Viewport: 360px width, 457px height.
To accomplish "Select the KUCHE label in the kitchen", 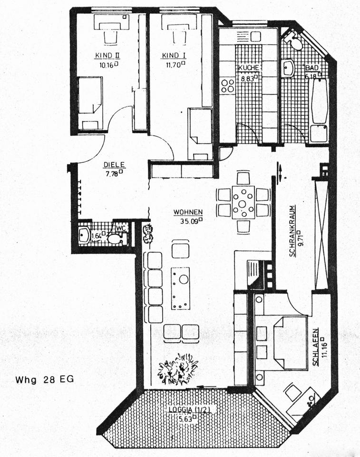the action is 248,67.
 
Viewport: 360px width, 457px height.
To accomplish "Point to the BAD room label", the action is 311,68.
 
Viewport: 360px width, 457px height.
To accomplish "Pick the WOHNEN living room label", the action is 188,212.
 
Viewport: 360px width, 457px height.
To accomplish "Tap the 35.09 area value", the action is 189,221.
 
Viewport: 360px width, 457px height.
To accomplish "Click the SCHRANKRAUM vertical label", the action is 292,231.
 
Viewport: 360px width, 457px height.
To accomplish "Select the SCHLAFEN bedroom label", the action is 315,347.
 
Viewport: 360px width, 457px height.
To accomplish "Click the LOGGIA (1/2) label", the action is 189,409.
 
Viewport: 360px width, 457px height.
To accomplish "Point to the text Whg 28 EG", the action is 45,379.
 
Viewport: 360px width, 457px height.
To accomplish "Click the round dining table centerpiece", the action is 243,204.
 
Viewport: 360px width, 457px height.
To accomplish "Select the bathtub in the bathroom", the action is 319,110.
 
